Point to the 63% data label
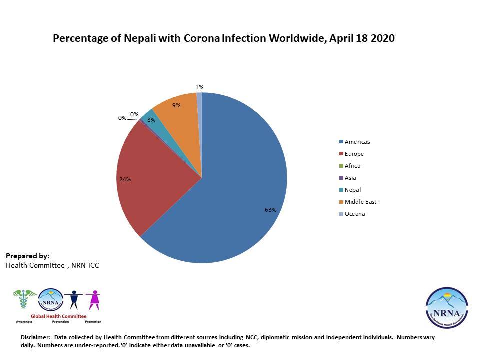click(x=270, y=210)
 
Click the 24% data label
click(x=125, y=179)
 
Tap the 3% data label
click(x=151, y=120)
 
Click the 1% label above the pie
click(x=199, y=87)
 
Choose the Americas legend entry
click(x=357, y=142)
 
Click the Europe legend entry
click(x=354, y=154)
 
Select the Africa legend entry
click(x=352, y=166)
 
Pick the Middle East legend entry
click(x=360, y=202)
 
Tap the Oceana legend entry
click(x=354, y=214)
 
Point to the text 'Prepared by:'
click(x=27, y=256)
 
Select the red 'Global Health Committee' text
click(x=58, y=316)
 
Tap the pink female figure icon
click(x=93, y=300)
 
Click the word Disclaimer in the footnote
click(x=36, y=338)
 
